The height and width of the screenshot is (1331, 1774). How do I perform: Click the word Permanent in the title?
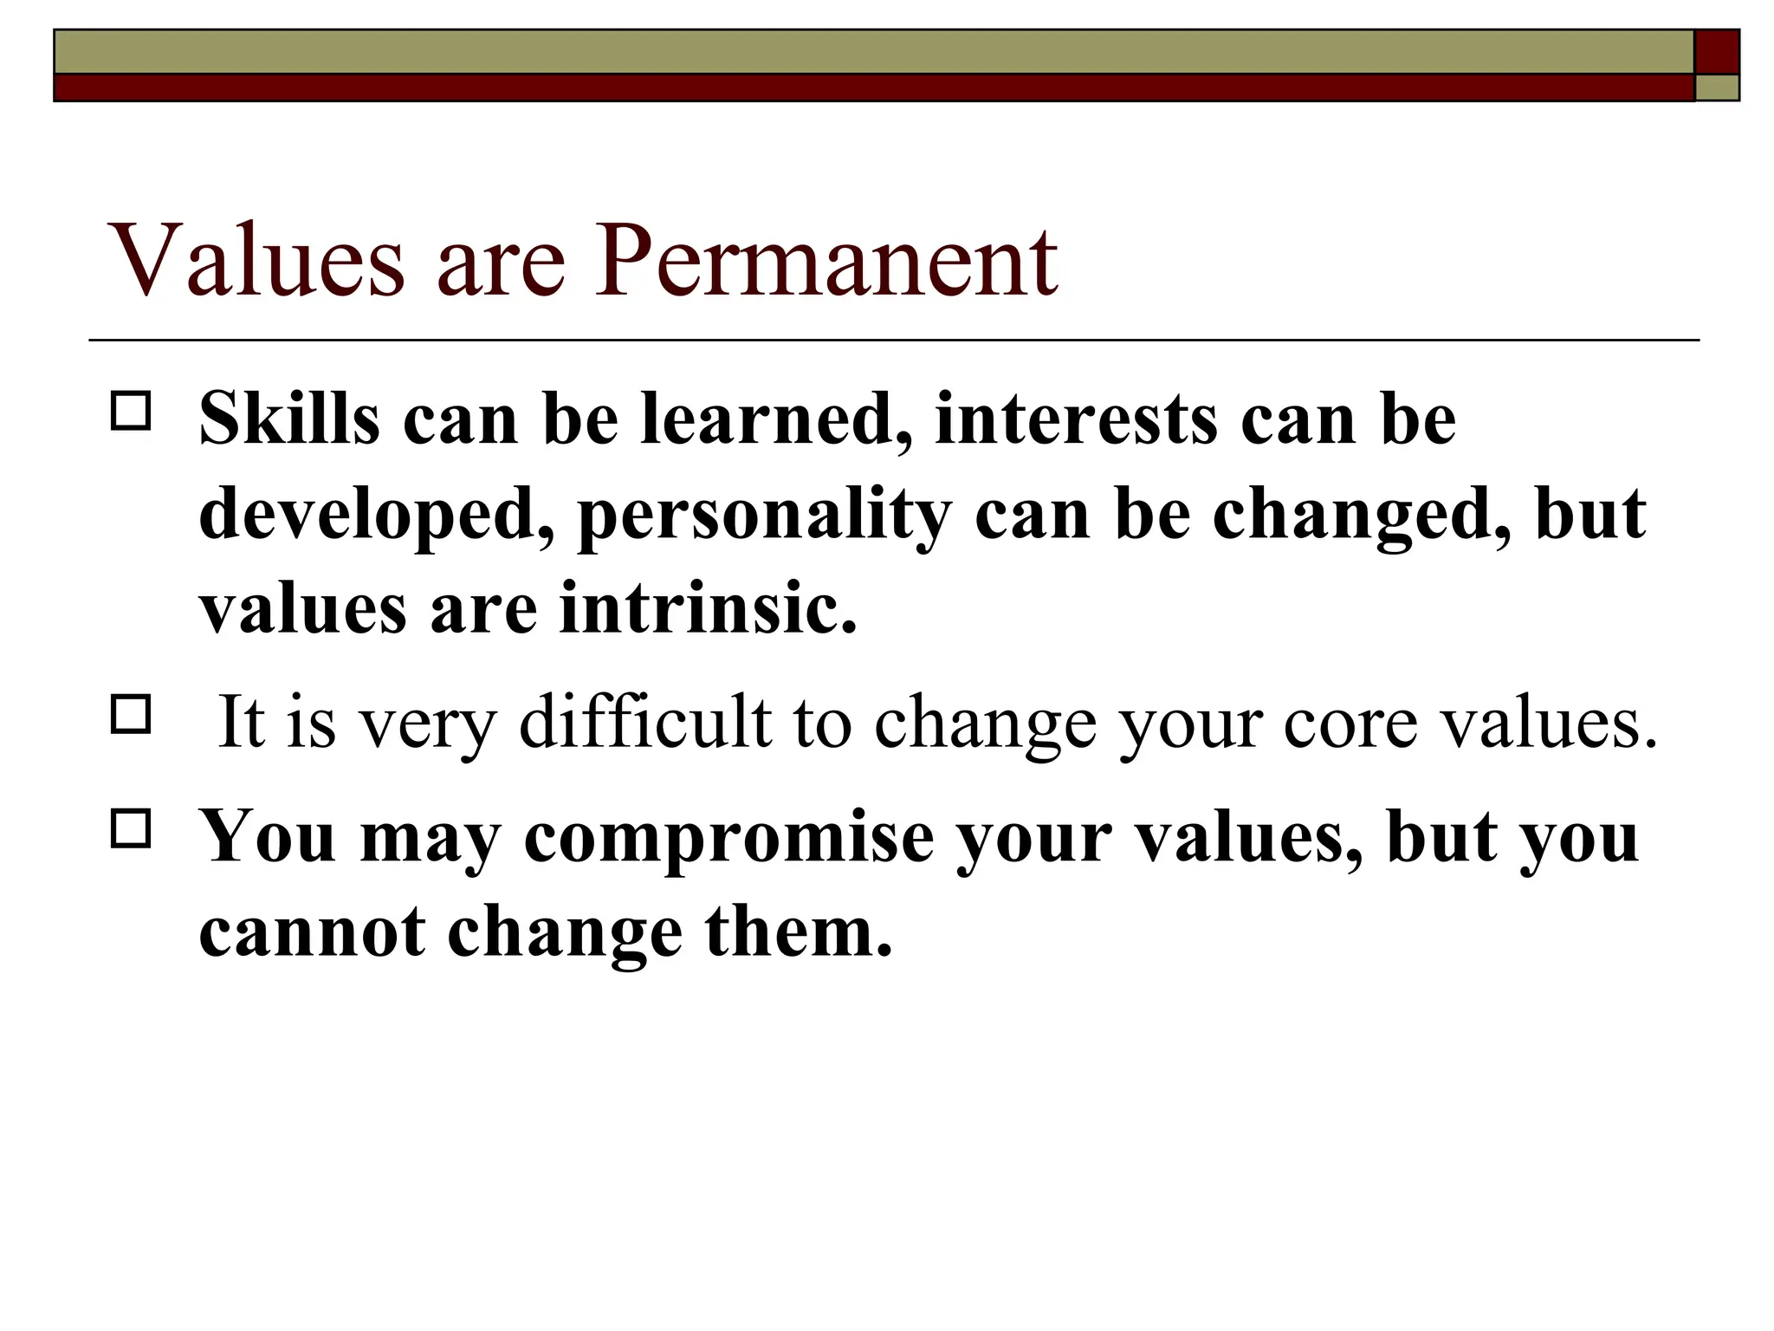825,260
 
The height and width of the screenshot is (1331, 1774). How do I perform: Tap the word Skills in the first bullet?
289,419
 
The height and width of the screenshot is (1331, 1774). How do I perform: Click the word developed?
377,515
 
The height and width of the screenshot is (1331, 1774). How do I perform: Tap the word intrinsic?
708,608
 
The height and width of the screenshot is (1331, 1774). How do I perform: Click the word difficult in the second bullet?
644,722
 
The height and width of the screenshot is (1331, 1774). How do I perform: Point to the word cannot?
312,932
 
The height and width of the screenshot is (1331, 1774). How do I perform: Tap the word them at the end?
798,932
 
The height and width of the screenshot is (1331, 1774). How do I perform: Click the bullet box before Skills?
131,411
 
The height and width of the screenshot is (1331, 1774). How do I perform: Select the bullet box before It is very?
131,714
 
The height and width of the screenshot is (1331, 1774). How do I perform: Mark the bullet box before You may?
131,828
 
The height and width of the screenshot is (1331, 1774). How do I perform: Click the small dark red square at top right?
1716,51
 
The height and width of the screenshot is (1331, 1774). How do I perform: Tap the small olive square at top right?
1716,88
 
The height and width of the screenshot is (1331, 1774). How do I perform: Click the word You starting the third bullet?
268,837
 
